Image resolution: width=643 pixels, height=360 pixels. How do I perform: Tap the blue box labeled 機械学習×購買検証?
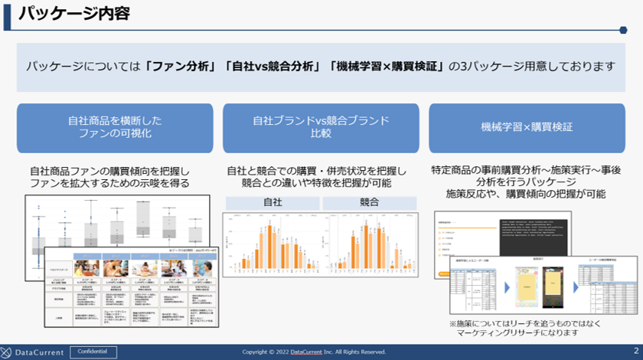point(527,127)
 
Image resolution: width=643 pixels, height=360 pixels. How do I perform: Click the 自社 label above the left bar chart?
point(273,203)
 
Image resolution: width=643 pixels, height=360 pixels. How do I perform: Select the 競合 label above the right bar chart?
point(369,203)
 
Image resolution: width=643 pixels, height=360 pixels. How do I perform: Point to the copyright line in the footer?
point(314,352)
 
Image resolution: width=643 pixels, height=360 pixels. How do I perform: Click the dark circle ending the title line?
point(623,31)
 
